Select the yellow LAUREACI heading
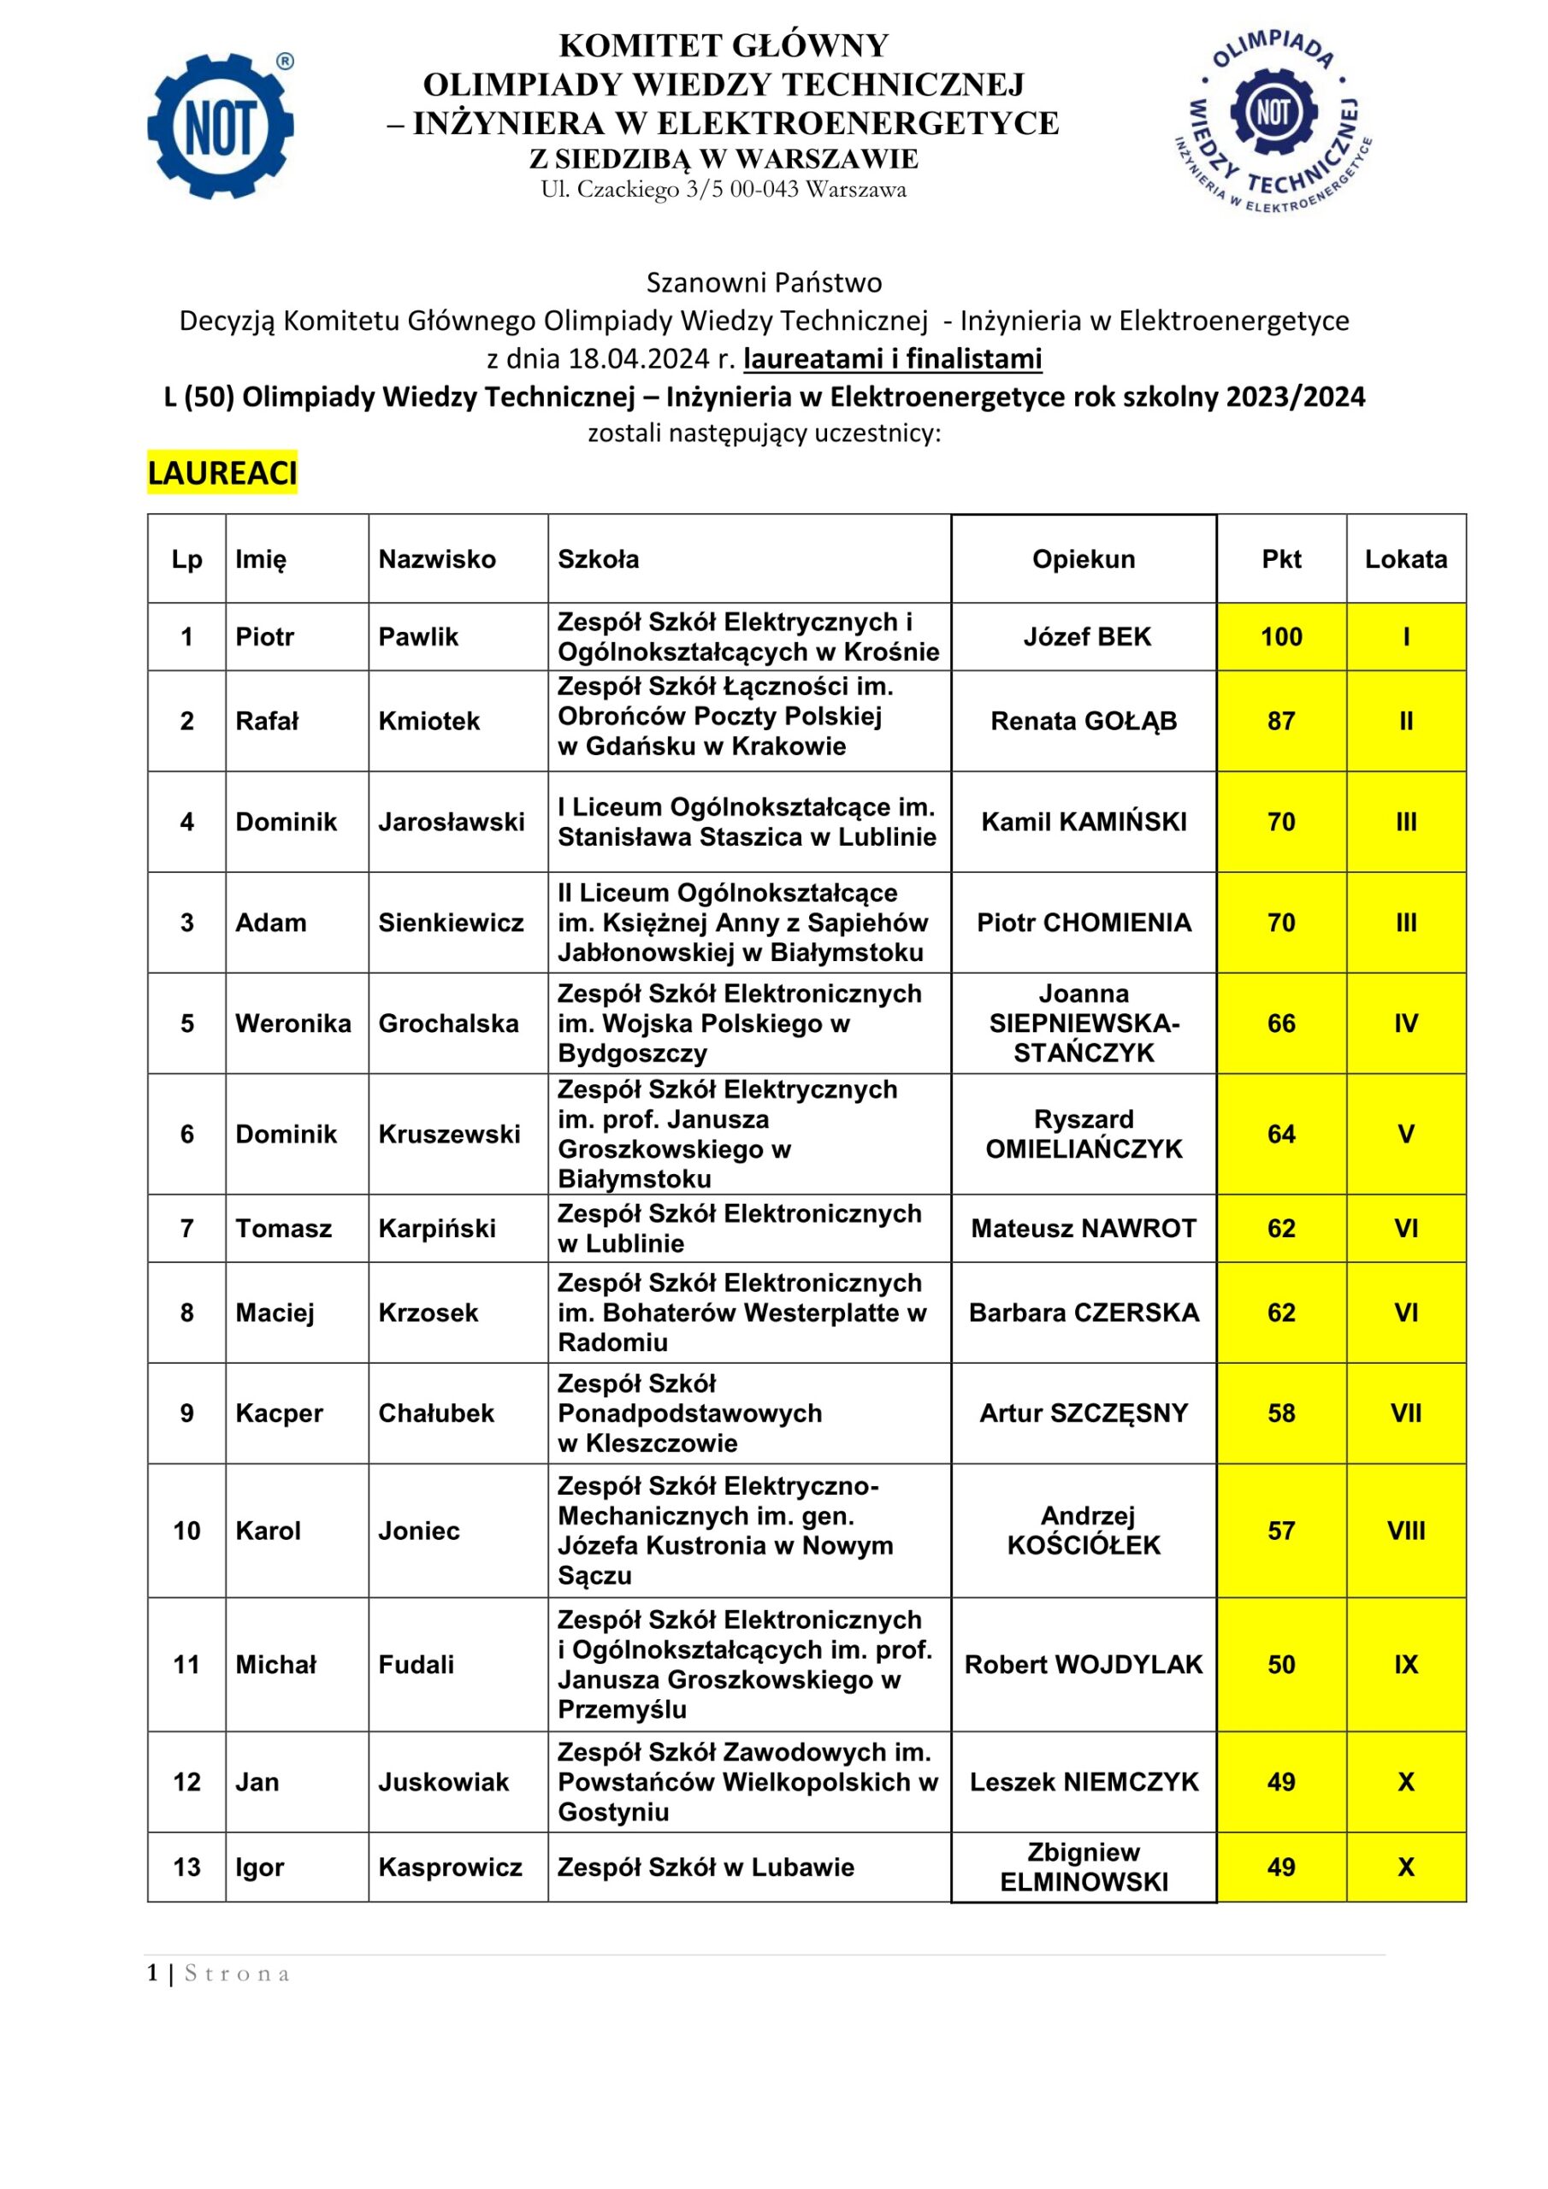coord(222,473)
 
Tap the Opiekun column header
coord(1084,558)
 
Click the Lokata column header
coord(1405,558)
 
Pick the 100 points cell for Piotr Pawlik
coord(1281,637)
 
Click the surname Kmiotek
coord(429,721)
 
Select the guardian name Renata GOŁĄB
coord(1084,721)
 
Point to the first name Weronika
coord(292,1023)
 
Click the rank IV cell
coord(1405,1023)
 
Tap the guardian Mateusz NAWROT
coord(1084,1228)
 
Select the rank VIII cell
coord(1405,1531)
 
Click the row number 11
coord(187,1665)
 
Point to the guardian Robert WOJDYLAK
coord(1084,1665)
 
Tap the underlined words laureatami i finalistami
coord(893,358)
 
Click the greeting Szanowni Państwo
coord(764,282)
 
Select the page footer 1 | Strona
coord(218,1974)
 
